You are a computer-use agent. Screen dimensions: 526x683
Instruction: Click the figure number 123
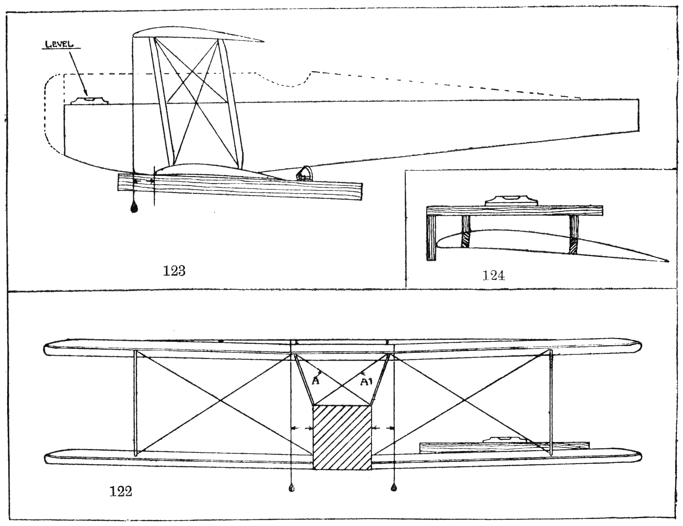[174, 271]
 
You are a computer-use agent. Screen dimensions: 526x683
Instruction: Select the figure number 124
[494, 276]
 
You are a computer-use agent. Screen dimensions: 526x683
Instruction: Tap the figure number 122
[121, 492]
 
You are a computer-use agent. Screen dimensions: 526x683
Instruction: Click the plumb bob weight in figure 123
[134, 208]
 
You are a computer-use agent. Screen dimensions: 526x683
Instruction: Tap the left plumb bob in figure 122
[291, 488]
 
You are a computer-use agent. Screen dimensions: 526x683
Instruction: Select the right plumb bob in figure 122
[394, 488]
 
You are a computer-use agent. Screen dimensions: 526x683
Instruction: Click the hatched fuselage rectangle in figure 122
[342, 437]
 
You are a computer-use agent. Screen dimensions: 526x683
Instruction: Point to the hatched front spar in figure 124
[466, 240]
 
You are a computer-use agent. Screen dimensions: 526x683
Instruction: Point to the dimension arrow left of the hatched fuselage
[302, 428]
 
